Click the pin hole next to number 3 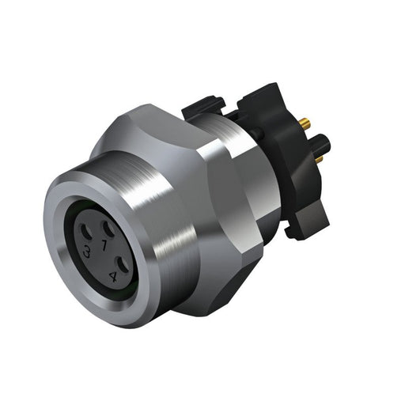click(85, 237)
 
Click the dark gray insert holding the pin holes click(99, 249)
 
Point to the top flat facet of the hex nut click(170, 119)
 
